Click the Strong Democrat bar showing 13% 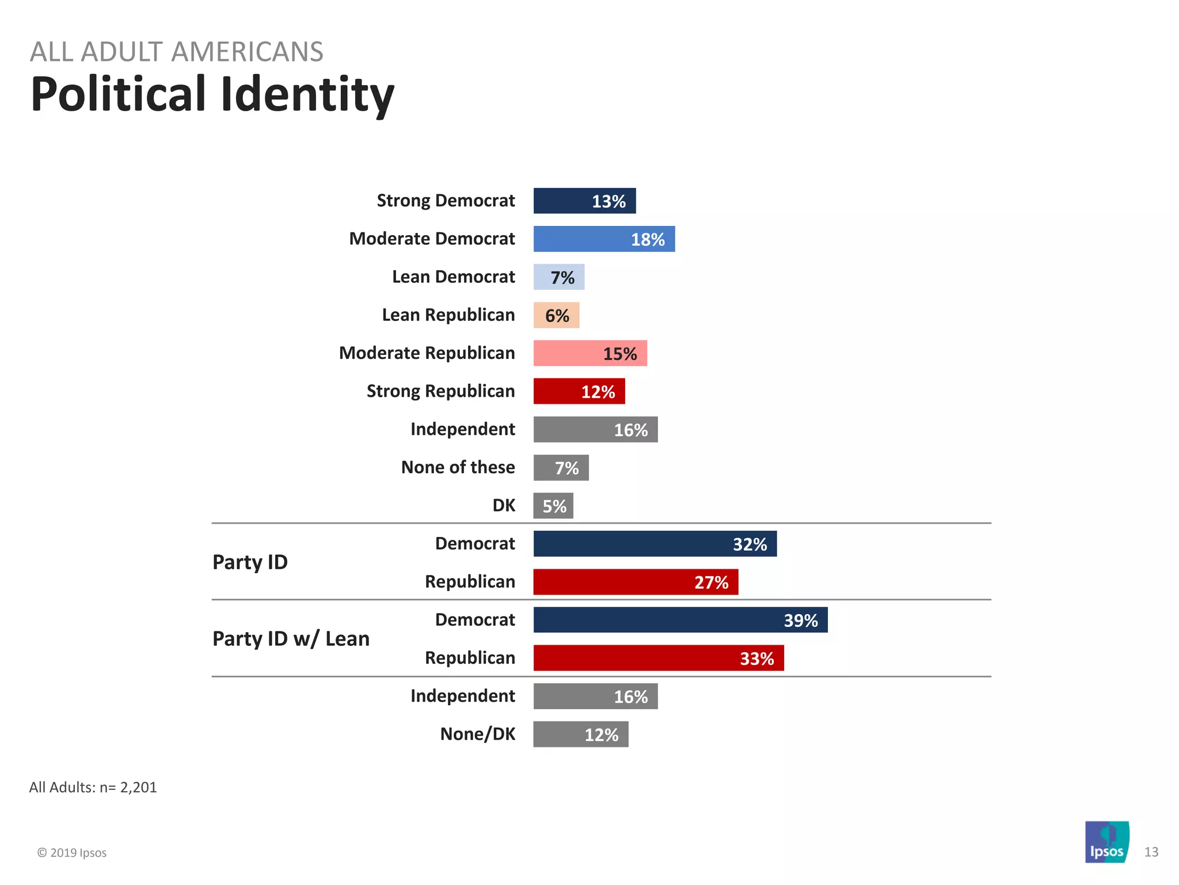tap(584, 201)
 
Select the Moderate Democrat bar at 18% tap(603, 239)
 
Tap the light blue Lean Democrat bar tap(558, 277)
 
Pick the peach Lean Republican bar tap(556, 315)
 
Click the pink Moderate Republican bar tap(589, 353)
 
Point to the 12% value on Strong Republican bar tap(598, 392)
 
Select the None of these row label tap(458, 467)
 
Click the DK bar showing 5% tap(553, 506)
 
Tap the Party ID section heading tap(250, 562)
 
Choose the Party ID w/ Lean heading tap(291, 639)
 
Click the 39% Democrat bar tap(680, 620)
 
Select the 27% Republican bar tap(635, 582)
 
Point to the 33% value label tap(756, 659)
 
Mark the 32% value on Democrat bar tap(750, 544)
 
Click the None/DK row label tap(477, 734)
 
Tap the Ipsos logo tap(1106, 842)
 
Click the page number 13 tap(1151, 852)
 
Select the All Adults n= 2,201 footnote tap(93, 788)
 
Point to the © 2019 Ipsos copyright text tap(72, 853)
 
